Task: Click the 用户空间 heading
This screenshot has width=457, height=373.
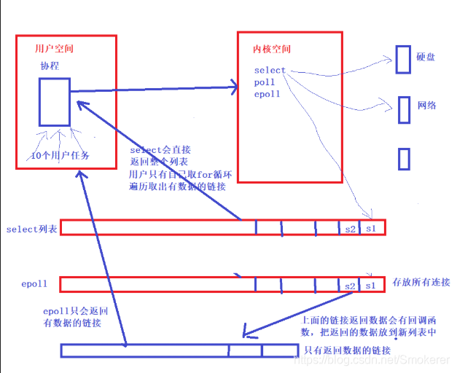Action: pos(54,49)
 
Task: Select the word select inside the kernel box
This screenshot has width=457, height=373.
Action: pos(270,71)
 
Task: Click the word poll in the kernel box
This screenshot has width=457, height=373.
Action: pos(265,82)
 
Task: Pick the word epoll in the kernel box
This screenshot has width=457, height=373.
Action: pos(267,94)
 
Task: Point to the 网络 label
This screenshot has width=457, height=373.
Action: pos(426,106)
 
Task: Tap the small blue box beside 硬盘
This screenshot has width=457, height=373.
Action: pos(403,56)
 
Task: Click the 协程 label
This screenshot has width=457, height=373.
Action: pos(51,66)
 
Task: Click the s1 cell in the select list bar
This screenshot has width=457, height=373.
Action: pos(371,229)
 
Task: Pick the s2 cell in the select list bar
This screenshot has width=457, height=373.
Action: pos(350,229)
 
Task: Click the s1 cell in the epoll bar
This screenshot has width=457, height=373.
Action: pos(371,285)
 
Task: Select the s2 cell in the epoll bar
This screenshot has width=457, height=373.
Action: pos(350,285)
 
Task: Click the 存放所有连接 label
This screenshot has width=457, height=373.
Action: pos(422,282)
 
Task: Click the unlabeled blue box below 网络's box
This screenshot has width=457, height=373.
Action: pos(405,159)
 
